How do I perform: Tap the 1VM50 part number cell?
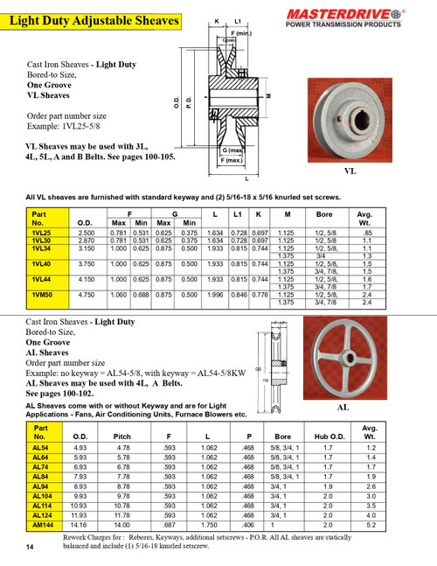(x=42, y=295)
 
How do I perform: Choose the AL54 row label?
(x=40, y=448)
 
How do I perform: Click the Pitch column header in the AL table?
(x=123, y=435)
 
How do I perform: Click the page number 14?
(x=30, y=547)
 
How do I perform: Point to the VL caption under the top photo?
(x=350, y=172)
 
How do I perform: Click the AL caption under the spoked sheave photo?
(x=343, y=408)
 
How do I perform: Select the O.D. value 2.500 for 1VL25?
(x=86, y=233)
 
